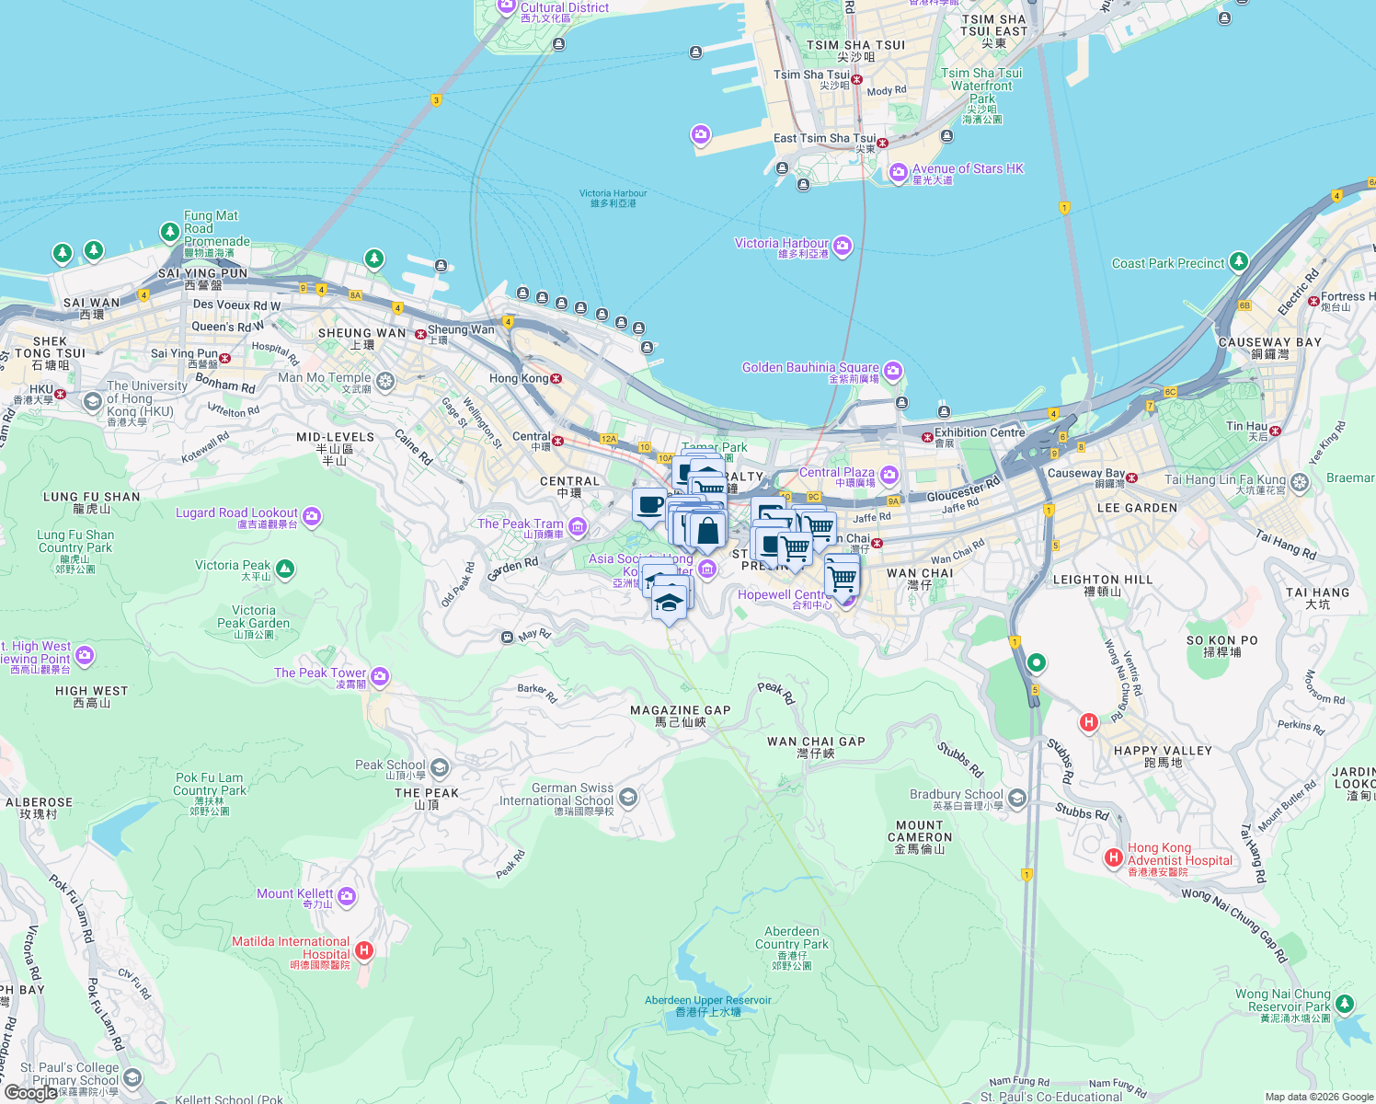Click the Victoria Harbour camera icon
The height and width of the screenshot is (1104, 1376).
point(843,246)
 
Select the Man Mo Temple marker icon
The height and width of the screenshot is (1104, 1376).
point(385,381)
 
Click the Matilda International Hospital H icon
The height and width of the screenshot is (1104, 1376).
point(364,950)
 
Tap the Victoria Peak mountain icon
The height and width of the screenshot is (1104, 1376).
point(285,569)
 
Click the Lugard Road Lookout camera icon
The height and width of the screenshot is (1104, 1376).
point(312,516)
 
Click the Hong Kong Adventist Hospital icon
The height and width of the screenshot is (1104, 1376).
point(1113,857)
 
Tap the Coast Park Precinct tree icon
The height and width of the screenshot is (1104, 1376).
point(1239,262)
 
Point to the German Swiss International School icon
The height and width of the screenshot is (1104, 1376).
point(628,796)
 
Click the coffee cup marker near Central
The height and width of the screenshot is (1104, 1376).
point(649,505)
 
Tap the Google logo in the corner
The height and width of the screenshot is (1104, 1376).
point(30,1092)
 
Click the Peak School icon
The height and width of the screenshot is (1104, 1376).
point(440,767)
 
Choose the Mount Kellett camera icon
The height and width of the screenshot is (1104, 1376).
point(347,895)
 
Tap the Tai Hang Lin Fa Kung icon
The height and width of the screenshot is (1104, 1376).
point(1299,481)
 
